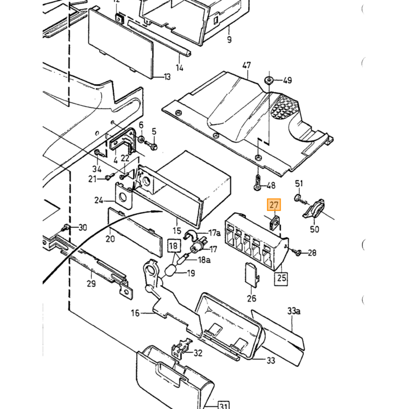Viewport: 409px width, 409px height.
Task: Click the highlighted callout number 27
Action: tap(273, 204)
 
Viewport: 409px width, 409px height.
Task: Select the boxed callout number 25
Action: tap(281, 278)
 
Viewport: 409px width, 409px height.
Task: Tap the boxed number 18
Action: tap(174, 246)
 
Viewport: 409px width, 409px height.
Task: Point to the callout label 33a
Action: tap(294, 311)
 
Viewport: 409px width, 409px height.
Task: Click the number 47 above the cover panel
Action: tap(247, 65)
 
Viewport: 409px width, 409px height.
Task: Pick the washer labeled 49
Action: tap(269, 79)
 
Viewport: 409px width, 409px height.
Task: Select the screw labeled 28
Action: tap(297, 252)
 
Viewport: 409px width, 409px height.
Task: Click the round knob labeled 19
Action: tap(170, 271)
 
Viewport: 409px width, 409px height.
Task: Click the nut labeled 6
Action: tap(141, 139)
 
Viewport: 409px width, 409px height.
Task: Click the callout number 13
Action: tap(167, 77)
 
